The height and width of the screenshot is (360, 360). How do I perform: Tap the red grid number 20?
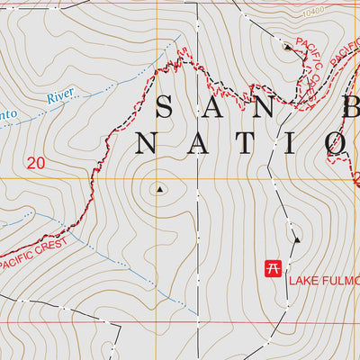(x=36, y=163)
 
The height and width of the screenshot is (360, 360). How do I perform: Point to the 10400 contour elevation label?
(x=312, y=12)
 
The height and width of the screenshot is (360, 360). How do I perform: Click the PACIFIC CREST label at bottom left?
(x=34, y=254)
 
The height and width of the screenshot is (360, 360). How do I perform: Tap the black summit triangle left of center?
(x=160, y=189)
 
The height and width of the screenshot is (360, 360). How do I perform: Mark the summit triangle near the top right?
(x=288, y=46)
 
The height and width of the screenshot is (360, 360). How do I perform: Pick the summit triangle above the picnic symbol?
(x=296, y=239)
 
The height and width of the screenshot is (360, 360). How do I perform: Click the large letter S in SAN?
(x=165, y=108)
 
